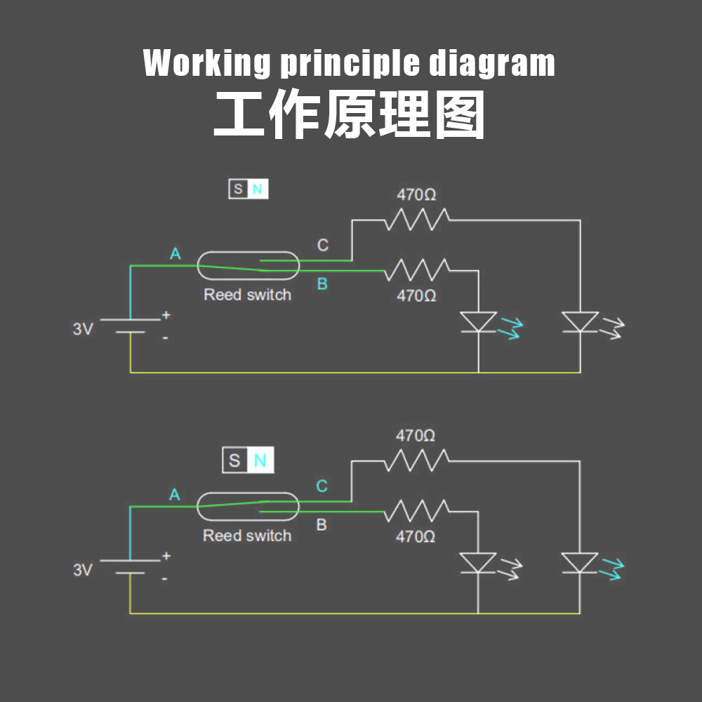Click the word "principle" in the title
(x=350, y=64)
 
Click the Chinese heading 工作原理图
(x=350, y=114)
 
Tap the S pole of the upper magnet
(x=238, y=189)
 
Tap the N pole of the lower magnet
(x=260, y=461)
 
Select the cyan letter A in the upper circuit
(x=175, y=254)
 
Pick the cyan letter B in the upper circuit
(x=322, y=284)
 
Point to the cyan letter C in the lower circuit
(x=322, y=486)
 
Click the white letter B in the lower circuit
(x=322, y=524)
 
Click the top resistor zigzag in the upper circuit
(x=417, y=219)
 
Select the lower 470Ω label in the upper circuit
(x=416, y=296)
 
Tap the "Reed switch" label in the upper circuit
(x=248, y=295)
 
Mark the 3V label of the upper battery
(x=83, y=329)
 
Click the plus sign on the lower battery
(x=166, y=556)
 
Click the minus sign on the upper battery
(x=165, y=338)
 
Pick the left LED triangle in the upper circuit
(x=479, y=322)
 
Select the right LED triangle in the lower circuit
(x=580, y=562)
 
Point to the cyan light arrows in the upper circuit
(x=511, y=328)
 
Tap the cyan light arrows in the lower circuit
(x=612, y=569)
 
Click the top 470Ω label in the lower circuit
(x=416, y=436)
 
